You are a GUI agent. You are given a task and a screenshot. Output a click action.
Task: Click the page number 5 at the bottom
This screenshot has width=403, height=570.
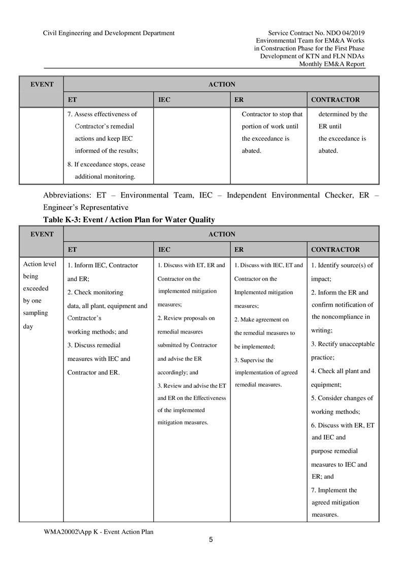(x=211, y=540)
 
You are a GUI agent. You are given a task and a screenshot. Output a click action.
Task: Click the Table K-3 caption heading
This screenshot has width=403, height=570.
(x=129, y=220)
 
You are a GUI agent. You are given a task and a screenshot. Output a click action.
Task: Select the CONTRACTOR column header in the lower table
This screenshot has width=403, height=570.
(x=335, y=249)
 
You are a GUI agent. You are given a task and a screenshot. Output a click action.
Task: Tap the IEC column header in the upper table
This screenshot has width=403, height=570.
(x=164, y=100)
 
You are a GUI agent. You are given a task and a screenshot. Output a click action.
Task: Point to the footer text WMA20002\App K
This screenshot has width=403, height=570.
(x=98, y=531)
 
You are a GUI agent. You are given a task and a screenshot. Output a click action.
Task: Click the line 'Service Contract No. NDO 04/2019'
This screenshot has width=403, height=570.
(x=316, y=33)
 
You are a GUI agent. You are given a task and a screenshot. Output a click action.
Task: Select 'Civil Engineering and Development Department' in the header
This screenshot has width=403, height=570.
(x=109, y=33)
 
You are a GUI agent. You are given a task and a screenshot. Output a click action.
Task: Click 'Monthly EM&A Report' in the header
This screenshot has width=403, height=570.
(x=331, y=64)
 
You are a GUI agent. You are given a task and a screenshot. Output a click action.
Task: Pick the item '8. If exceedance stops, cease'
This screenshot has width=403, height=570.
(x=106, y=164)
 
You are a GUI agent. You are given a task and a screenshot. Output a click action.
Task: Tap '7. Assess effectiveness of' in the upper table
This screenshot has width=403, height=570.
(x=102, y=114)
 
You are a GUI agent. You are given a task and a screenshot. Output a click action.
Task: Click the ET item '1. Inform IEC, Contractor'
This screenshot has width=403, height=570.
(x=103, y=265)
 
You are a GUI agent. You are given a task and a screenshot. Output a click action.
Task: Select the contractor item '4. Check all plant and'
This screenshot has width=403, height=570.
(x=341, y=371)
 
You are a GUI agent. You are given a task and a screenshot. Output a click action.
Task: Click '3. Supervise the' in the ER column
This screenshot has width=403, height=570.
(x=254, y=360)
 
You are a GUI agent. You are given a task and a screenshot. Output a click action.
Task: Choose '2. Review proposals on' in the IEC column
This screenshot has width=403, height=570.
(x=186, y=318)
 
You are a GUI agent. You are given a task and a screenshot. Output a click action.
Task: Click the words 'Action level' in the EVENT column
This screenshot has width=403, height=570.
(x=40, y=264)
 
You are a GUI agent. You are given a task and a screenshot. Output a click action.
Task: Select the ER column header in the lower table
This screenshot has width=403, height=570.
(x=239, y=249)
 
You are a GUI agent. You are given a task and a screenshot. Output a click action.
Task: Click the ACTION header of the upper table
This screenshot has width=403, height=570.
(x=222, y=84)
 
